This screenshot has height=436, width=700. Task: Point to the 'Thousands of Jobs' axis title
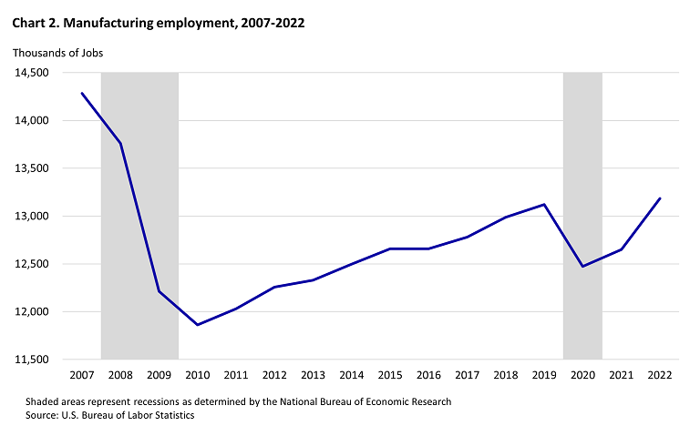[x=57, y=53]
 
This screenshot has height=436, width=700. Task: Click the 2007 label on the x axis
[x=82, y=375]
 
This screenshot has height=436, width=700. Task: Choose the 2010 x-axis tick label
[x=198, y=375]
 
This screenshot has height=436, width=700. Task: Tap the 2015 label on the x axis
[x=390, y=375]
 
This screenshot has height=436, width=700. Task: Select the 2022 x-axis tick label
[x=660, y=375]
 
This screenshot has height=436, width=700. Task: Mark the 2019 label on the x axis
[x=544, y=375]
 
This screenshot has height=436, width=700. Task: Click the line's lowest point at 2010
[x=198, y=325]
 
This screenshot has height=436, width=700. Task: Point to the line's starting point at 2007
[x=82, y=93]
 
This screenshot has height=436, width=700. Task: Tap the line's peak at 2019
[x=544, y=204]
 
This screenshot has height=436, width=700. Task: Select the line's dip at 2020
[x=582, y=266]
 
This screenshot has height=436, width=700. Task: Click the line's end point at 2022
[x=660, y=198]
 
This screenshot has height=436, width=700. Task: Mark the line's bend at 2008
[x=120, y=143]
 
